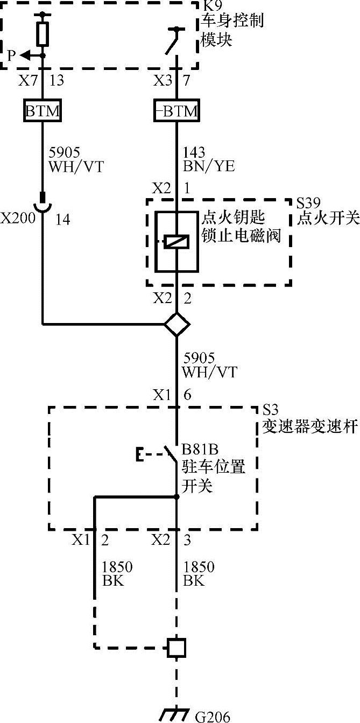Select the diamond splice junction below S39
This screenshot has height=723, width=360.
tap(177, 324)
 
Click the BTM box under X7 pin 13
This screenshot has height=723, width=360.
tap(43, 111)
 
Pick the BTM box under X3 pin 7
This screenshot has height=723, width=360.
tap(176, 111)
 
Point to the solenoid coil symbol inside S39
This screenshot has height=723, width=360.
tap(177, 242)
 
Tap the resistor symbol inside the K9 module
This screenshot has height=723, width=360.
tap(43, 33)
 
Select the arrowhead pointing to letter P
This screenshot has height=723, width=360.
tap(26, 54)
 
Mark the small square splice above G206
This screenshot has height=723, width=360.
tap(177, 647)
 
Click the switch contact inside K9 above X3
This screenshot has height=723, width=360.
tap(174, 40)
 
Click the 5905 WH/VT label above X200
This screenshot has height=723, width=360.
tap(75, 159)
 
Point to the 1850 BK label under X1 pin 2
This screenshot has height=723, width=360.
tap(117, 574)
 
